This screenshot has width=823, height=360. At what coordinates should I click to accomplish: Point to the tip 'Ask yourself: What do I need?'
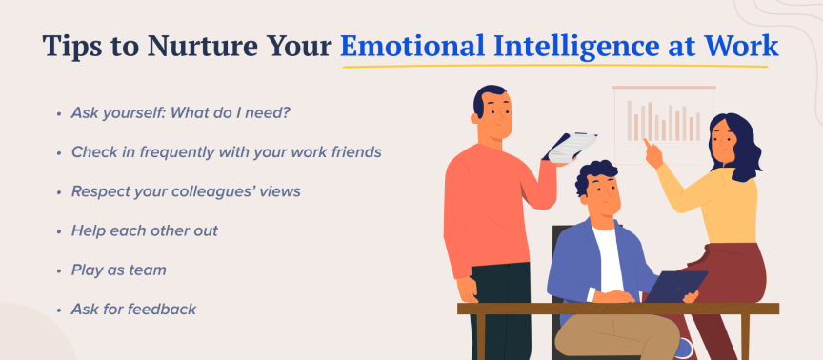[x=180, y=112]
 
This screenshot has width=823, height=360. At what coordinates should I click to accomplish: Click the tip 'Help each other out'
[x=145, y=230]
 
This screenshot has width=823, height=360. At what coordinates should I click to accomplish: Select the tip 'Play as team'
[x=118, y=270]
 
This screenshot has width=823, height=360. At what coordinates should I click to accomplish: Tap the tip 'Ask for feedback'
[x=133, y=309]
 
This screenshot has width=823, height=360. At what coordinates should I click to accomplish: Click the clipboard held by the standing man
[x=570, y=146]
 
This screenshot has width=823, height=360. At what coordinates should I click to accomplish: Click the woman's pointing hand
[x=652, y=149]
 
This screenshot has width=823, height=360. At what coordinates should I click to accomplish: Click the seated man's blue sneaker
[x=683, y=348]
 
